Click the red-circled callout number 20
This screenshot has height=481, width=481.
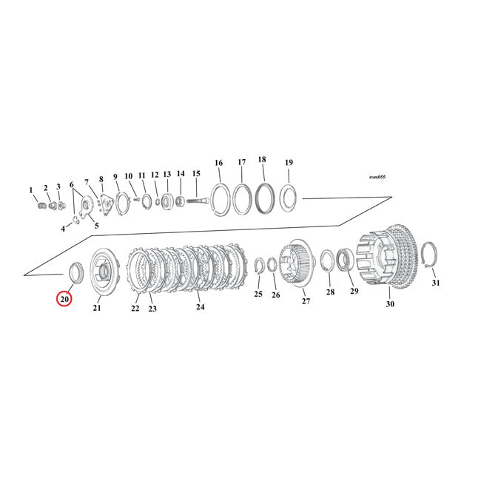tap(64, 299)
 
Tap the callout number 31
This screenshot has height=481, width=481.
tap(435, 283)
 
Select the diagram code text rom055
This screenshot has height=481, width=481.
tap(377, 177)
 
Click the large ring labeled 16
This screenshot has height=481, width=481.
tap(221, 199)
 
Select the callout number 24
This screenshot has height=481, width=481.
tap(200, 306)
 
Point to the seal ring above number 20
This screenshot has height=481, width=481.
tap(75, 272)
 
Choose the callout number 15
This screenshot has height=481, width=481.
tap(196, 174)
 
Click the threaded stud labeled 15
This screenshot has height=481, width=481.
tap(197, 198)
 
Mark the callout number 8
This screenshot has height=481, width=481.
tap(101, 179)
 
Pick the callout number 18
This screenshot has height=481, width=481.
tap(262, 160)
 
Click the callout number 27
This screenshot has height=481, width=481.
tap(305, 301)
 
